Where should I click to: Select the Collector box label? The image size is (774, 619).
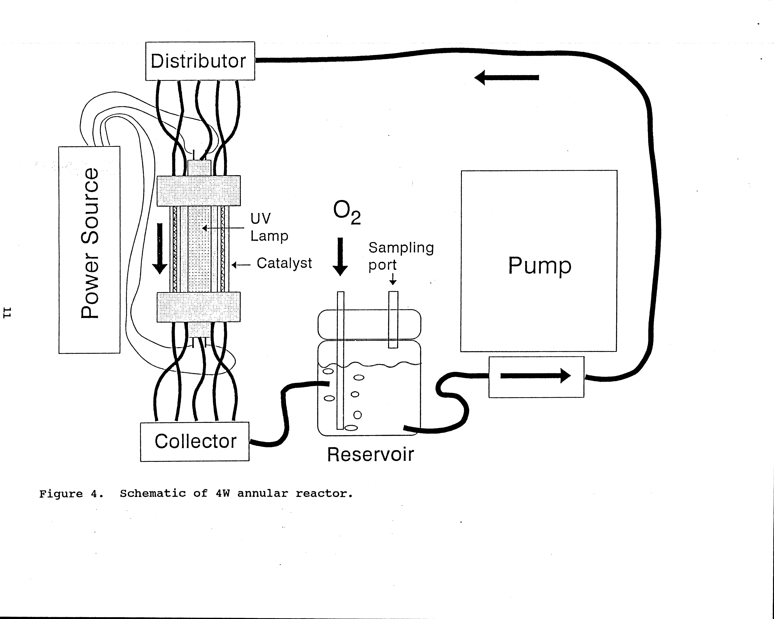[196, 441]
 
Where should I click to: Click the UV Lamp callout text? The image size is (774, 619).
[269, 227]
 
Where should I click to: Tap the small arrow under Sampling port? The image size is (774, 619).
[393, 279]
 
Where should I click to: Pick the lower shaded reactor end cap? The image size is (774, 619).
[198, 307]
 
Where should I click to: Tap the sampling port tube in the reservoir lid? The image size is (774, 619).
[393, 319]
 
